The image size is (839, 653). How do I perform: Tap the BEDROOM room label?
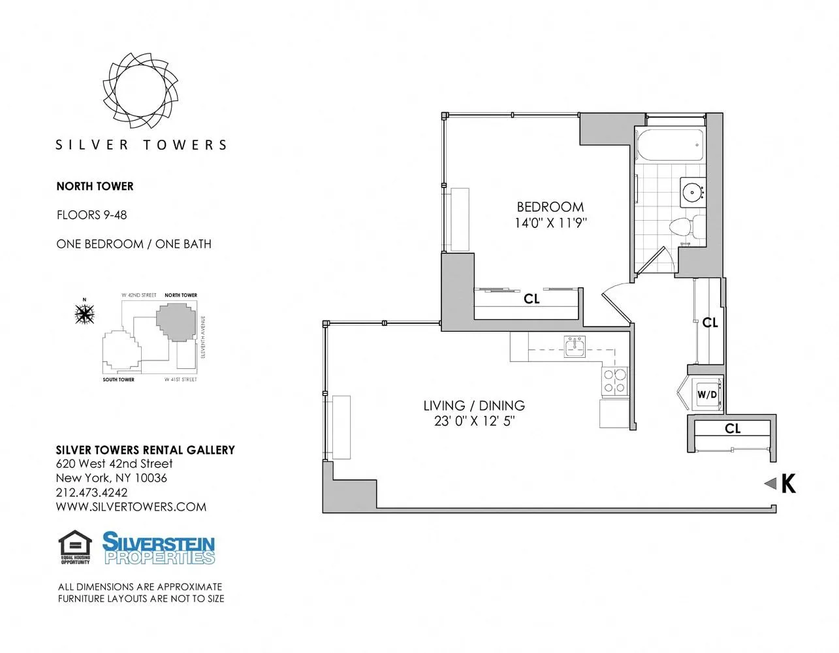coord(550,207)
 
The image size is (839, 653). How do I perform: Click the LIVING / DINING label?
coord(474,406)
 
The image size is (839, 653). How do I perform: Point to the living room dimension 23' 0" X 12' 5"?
coord(474,421)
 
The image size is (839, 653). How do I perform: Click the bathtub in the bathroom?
coord(670,146)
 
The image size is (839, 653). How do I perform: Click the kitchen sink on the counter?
coord(575,346)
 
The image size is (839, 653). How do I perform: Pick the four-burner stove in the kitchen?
coord(614,381)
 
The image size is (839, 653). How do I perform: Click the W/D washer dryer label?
coord(707,394)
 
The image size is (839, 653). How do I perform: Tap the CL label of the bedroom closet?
coord(531,299)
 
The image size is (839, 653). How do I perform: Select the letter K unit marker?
coord(789,484)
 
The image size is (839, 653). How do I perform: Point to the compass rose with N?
coord(84,314)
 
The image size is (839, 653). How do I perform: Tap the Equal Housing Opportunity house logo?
coord(75,547)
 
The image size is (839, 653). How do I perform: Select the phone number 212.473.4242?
coord(92,492)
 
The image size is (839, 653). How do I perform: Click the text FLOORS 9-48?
coord(91,215)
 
